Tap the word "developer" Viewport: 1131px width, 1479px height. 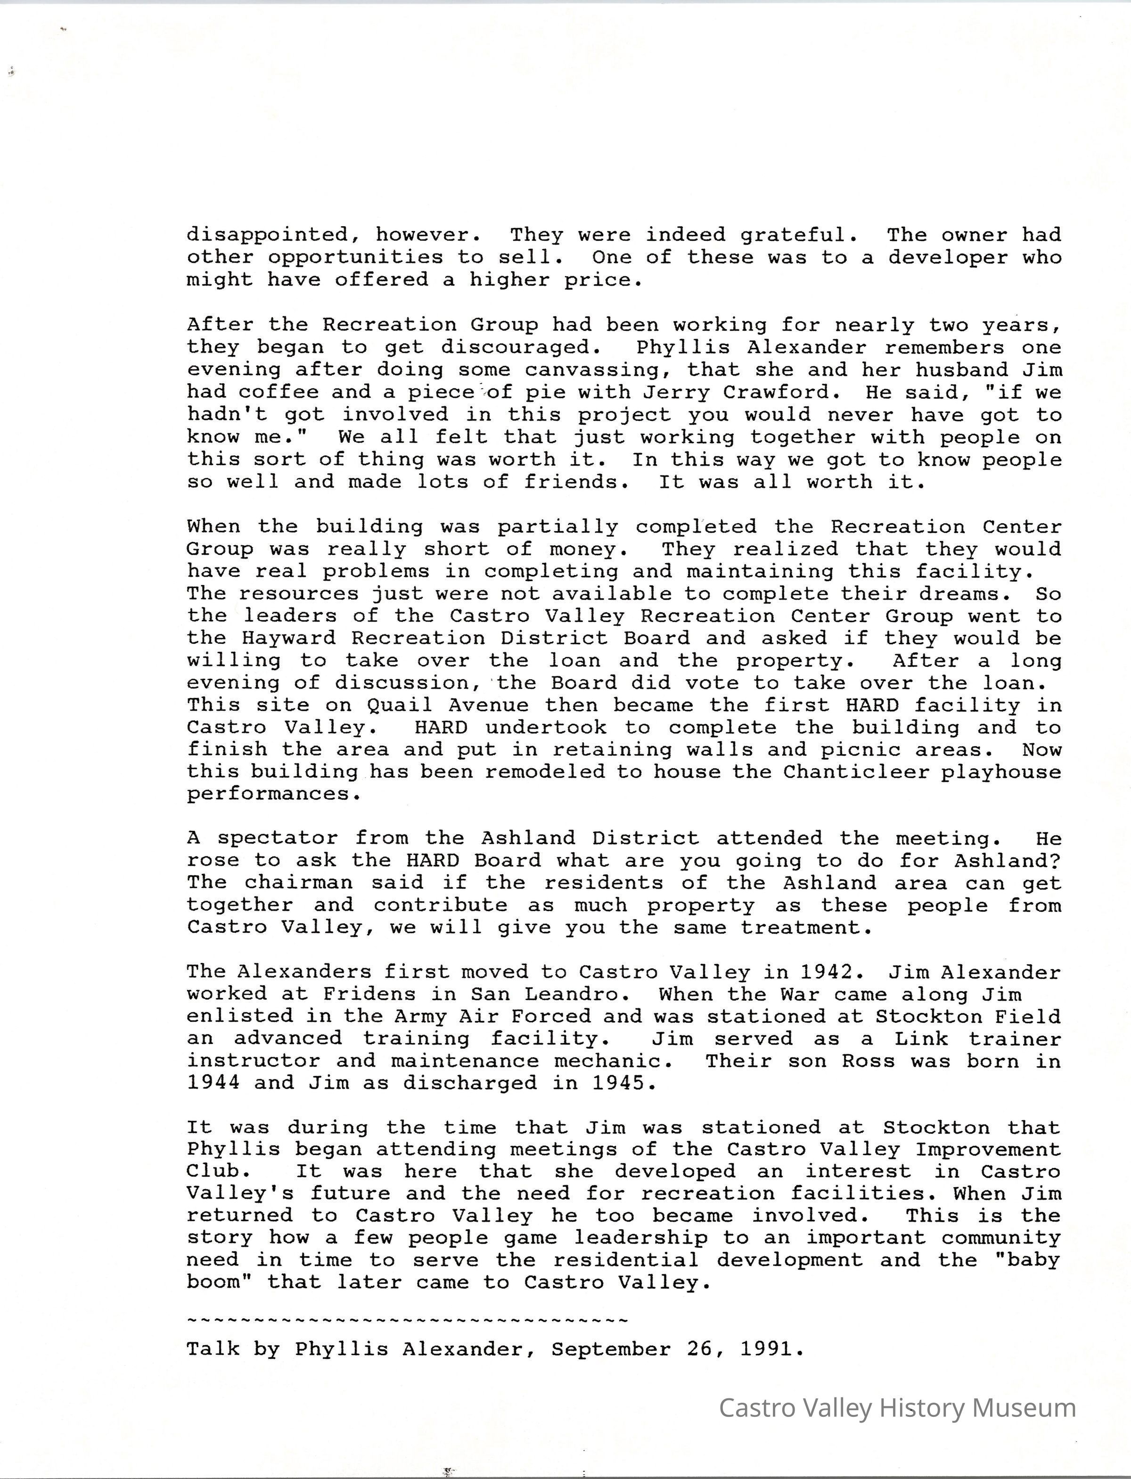coord(947,257)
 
